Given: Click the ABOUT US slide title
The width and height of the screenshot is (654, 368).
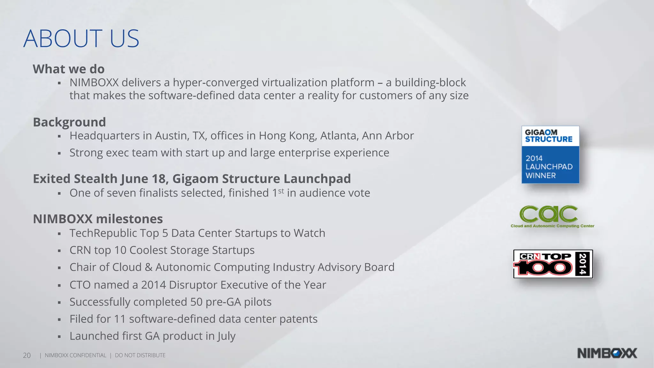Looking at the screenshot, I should (81, 39).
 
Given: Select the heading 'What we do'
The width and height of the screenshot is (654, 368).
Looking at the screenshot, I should (69, 69).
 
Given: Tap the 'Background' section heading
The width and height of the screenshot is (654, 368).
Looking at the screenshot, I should (69, 122).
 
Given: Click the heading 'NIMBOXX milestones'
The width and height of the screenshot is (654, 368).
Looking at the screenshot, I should (98, 219).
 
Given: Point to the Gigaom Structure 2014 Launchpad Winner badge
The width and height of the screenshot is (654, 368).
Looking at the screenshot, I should (550, 155).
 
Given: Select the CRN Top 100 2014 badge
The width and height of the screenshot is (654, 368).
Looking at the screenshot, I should (553, 264).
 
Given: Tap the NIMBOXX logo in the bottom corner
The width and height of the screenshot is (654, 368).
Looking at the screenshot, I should (607, 353).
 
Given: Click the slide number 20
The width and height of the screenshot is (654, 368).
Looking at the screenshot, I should (27, 356).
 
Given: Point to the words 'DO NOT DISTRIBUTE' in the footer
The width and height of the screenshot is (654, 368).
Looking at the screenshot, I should (140, 355).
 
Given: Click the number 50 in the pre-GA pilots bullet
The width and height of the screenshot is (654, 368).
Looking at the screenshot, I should (196, 302).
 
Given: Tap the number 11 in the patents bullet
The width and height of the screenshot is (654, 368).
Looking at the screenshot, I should (120, 319).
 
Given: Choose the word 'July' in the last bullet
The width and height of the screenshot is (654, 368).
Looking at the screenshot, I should (226, 336).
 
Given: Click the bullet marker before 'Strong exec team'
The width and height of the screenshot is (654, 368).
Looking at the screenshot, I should (59, 153).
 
